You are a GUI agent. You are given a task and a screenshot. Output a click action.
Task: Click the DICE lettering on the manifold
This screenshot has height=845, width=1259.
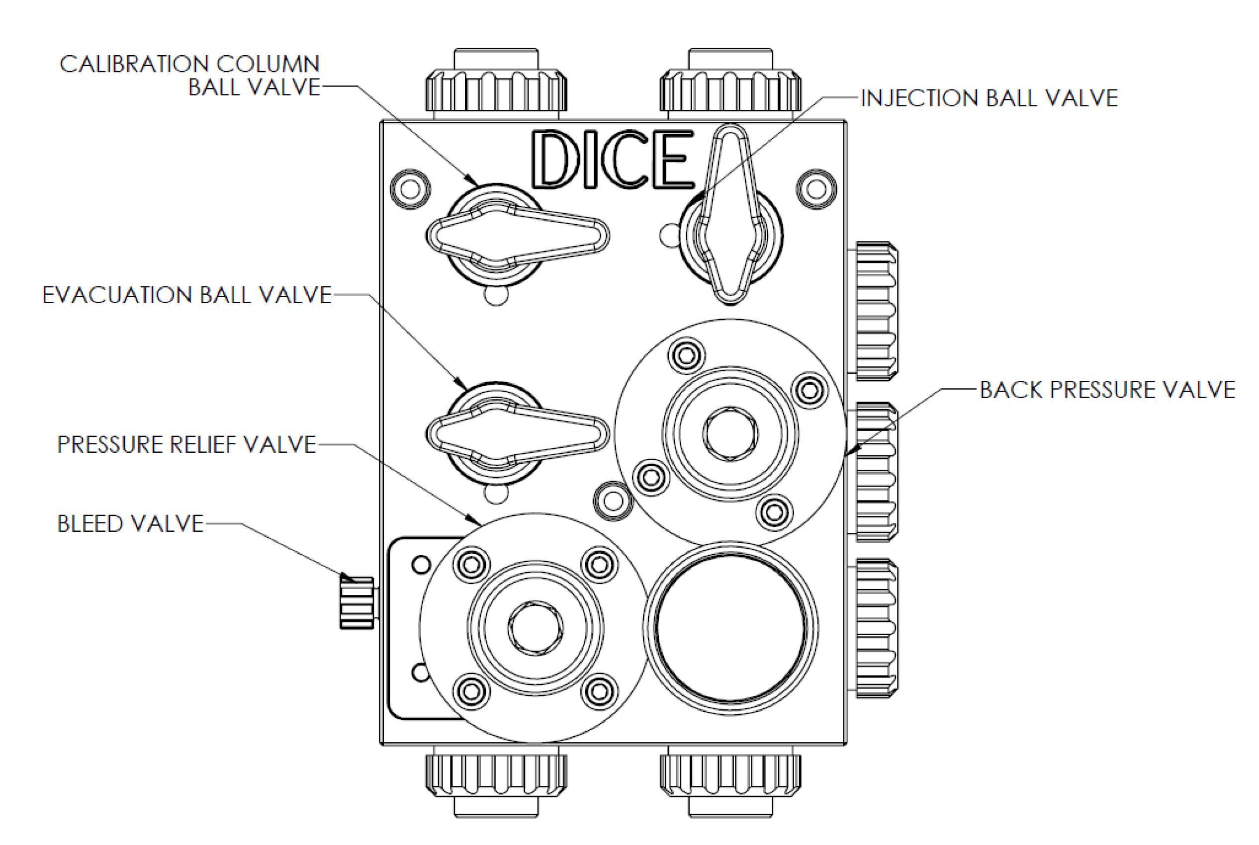[613, 160]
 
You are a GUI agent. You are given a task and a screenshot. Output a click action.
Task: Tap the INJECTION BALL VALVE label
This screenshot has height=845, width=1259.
[989, 98]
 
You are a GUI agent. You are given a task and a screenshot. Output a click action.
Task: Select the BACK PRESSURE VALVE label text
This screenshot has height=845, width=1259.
[1107, 390]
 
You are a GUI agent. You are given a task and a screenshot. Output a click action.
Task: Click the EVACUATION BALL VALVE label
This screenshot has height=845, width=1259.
[186, 295]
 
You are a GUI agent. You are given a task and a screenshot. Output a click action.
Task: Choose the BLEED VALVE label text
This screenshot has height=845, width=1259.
[130, 524]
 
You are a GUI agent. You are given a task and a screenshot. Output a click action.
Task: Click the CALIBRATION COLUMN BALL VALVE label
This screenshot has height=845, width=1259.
[190, 76]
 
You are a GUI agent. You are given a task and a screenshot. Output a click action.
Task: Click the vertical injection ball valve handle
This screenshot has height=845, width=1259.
[730, 216]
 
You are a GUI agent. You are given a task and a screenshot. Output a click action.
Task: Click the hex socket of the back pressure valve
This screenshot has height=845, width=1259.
[730, 434]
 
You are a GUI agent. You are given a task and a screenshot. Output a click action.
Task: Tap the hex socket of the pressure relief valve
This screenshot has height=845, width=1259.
[536, 627]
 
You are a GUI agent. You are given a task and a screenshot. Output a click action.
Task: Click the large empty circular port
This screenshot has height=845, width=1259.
[730, 628]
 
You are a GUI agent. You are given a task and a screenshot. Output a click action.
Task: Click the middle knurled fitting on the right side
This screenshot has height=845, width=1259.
[876, 472]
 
